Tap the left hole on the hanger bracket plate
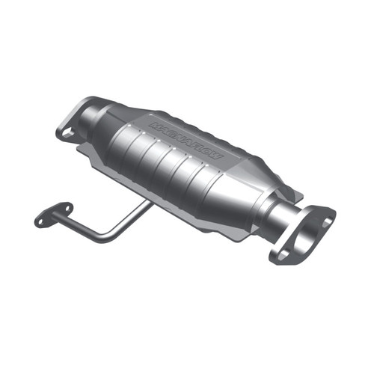pos(42,220)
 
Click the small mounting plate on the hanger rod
pos(53,214)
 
